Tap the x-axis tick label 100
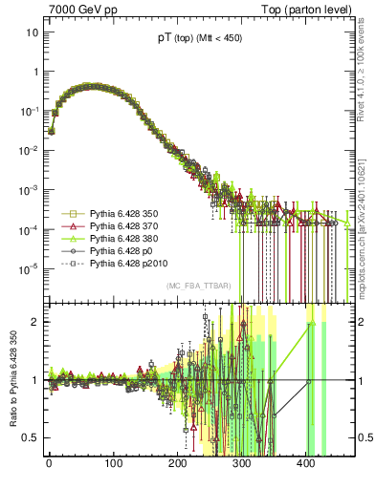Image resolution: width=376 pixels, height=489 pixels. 113,465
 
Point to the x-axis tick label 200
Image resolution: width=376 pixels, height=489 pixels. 177,465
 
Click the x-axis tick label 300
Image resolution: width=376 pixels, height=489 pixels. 242,465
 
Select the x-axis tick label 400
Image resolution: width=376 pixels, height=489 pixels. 306,465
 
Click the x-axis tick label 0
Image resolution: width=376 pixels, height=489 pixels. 49,465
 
